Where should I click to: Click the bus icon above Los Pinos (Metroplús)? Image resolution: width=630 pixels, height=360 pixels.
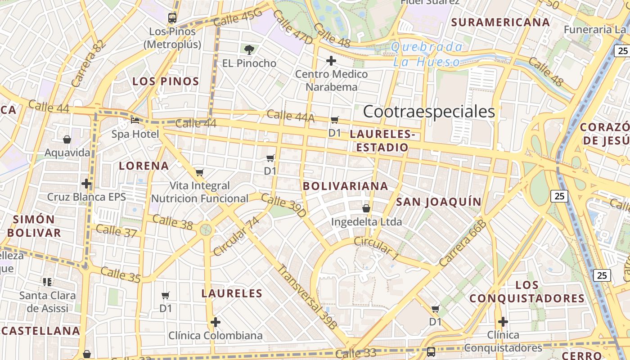(x=172, y=18)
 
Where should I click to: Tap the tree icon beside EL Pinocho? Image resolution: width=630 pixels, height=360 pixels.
(x=248, y=49)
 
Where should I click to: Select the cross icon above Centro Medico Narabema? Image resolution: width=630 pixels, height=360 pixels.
(x=331, y=60)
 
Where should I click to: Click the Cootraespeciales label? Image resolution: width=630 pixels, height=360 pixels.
(x=428, y=112)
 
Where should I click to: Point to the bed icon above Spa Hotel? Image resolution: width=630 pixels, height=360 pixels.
(x=135, y=120)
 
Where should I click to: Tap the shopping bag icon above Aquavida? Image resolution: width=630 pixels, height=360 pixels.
(x=67, y=139)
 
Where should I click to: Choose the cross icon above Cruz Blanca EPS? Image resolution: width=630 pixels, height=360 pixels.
(x=86, y=184)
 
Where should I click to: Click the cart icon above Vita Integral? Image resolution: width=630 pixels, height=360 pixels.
(x=200, y=172)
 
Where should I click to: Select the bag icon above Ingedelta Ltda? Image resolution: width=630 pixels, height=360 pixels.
(x=366, y=208)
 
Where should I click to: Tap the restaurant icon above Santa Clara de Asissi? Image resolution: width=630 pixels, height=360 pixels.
(x=47, y=282)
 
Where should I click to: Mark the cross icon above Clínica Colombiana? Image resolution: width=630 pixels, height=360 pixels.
(x=216, y=322)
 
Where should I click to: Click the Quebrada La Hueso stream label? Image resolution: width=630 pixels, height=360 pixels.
(x=427, y=54)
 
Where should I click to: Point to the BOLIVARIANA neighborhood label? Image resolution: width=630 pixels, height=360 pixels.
(x=345, y=186)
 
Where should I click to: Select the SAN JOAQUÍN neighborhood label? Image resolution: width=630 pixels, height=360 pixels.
(x=439, y=202)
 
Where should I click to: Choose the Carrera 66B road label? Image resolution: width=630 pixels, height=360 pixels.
(x=463, y=243)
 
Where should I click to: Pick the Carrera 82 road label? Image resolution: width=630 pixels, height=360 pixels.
(x=88, y=63)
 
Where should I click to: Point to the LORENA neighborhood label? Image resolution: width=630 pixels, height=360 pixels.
(x=144, y=166)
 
